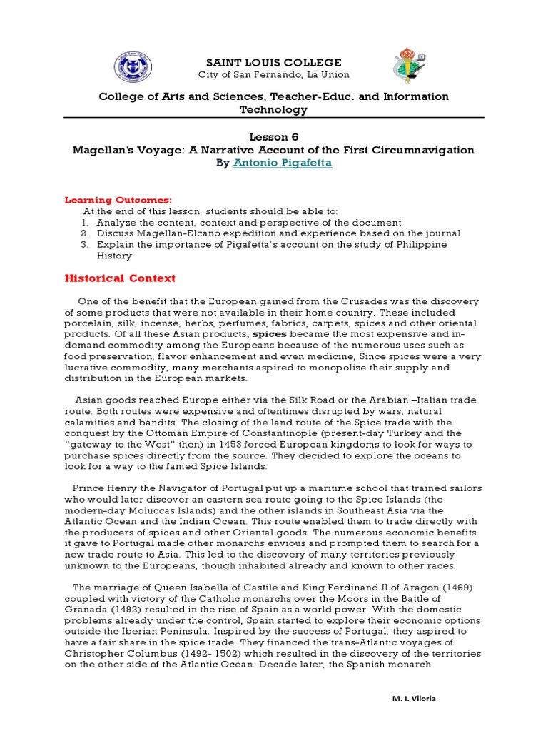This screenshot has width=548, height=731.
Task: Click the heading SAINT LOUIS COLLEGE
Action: [x=273, y=62]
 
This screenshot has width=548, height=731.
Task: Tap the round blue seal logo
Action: [x=133, y=69]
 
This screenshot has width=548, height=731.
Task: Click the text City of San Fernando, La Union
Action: [x=273, y=76]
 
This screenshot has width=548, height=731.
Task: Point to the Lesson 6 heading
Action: [x=273, y=136]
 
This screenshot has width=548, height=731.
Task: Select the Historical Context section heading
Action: [x=120, y=278]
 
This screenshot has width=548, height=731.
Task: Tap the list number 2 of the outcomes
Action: [x=83, y=233]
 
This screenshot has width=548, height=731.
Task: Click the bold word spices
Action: [x=268, y=333]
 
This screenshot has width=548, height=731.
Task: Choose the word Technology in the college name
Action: [x=273, y=109]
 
